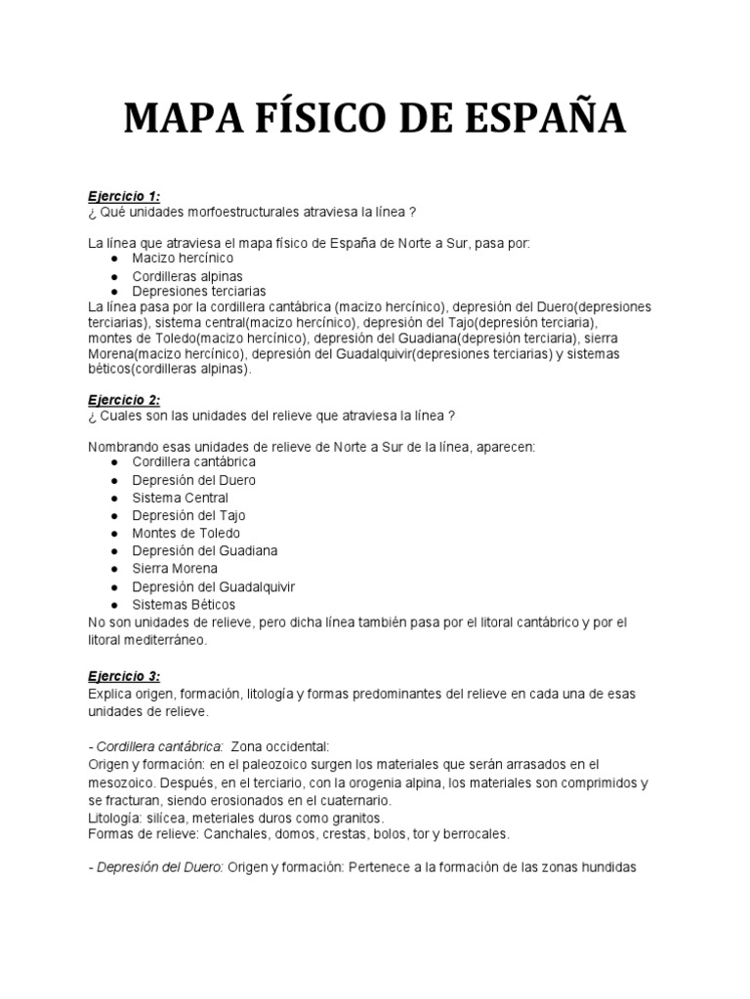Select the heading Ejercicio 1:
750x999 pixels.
(x=124, y=196)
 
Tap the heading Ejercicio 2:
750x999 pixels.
(x=124, y=400)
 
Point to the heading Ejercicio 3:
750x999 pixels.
(x=124, y=676)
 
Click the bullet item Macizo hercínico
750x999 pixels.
(x=184, y=258)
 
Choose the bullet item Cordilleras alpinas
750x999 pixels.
(x=187, y=275)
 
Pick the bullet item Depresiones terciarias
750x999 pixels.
(x=199, y=292)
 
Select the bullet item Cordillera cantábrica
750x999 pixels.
(x=194, y=461)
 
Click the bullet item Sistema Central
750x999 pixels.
(x=180, y=498)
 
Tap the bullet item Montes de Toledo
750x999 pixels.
(x=186, y=533)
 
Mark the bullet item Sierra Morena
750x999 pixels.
(x=175, y=568)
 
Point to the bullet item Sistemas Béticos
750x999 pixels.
(x=184, y=604)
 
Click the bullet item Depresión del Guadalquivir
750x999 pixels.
(x=213, y=586)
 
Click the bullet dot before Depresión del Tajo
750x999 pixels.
(x=114, y=515)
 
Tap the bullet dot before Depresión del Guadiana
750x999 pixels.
(x=114, y=550)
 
